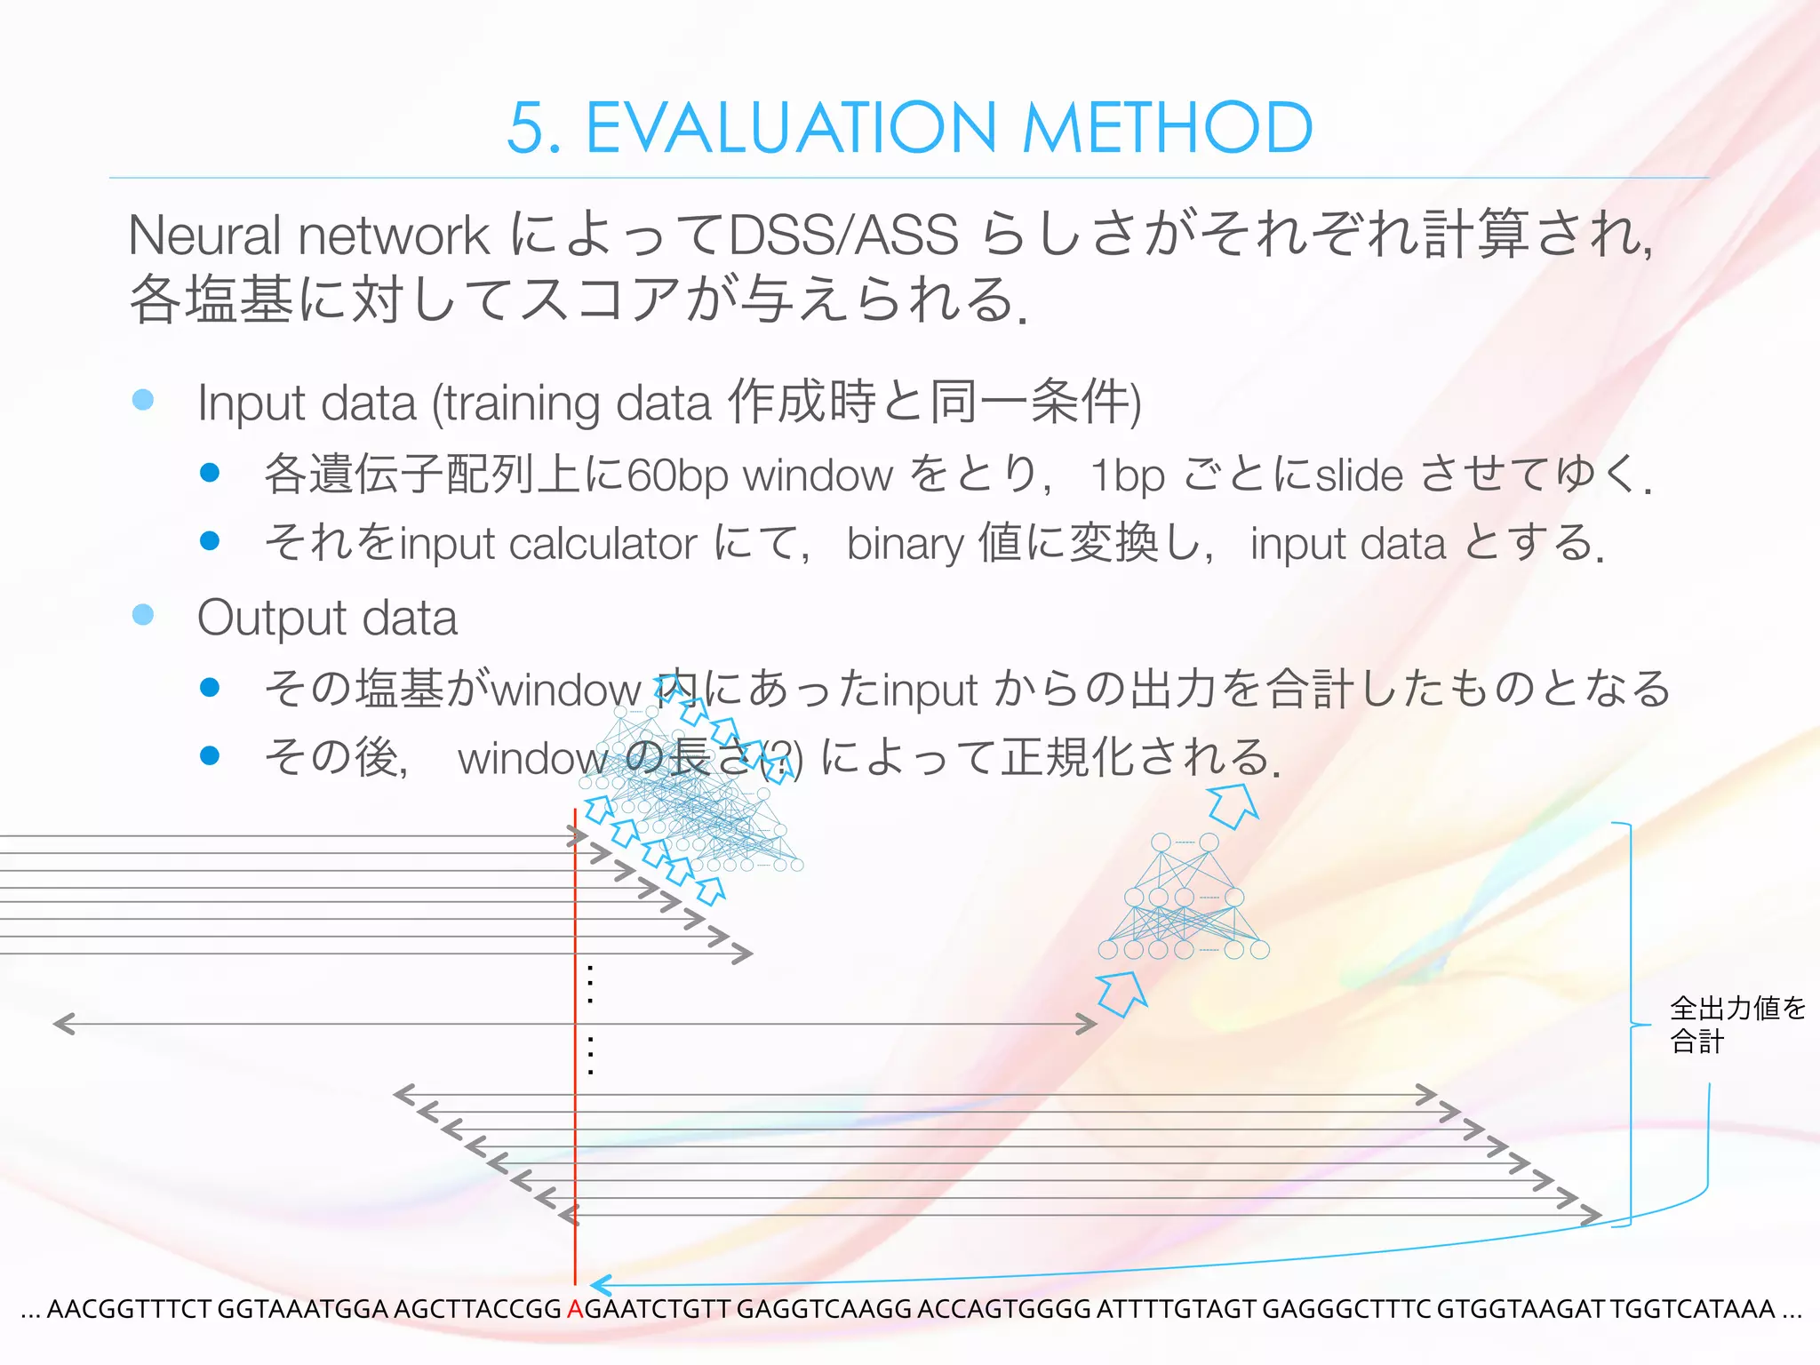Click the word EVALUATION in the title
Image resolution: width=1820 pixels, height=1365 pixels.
791,129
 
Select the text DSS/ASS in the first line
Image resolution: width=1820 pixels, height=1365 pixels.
842,235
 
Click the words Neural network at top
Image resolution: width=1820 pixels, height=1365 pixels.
307,235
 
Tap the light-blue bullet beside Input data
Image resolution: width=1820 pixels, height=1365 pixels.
143,400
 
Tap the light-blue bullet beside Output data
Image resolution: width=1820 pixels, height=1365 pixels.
143,614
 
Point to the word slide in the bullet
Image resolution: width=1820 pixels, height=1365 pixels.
1360,475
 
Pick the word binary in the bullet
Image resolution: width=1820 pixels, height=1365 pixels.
905,544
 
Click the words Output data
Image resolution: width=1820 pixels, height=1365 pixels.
327,618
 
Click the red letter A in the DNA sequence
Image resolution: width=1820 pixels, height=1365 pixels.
575,1309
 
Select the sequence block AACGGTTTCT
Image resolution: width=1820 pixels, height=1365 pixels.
128,1309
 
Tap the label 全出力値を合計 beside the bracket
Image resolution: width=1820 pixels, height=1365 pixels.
1736,1024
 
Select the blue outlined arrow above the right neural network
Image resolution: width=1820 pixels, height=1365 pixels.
1233,804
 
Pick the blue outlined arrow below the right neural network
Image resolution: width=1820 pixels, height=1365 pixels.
1122,993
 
